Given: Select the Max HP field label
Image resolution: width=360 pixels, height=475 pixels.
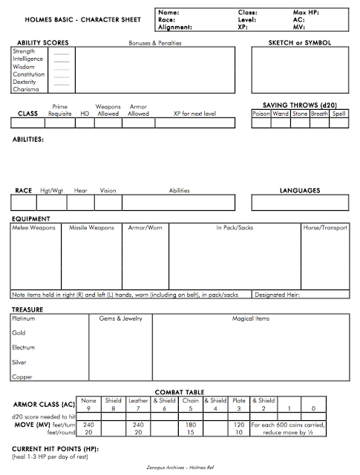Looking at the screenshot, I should click(307, 13).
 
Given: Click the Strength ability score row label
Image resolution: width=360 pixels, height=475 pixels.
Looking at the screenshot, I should click(24, 51).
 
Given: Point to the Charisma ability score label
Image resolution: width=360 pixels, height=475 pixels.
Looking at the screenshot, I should click(25, 89).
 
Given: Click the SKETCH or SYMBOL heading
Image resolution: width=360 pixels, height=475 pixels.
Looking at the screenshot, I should click(300, 43).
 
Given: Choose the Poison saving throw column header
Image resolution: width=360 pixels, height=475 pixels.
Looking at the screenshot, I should click(261, 114).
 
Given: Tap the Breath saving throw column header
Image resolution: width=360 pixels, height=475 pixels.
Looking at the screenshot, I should click(319, 114).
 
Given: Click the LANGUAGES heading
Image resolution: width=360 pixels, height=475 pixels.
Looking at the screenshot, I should click(299, 191).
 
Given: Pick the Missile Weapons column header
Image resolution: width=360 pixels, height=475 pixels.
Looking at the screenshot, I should click(91, 228).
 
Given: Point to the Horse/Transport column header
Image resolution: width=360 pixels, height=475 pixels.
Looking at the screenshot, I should click(325, 228).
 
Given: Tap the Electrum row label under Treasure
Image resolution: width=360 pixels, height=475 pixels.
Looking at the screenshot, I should click(24, 347).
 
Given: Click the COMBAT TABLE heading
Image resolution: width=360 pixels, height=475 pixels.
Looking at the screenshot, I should click(180, 391).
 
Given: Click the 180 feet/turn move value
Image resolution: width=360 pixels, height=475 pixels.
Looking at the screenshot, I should click(191, 425).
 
